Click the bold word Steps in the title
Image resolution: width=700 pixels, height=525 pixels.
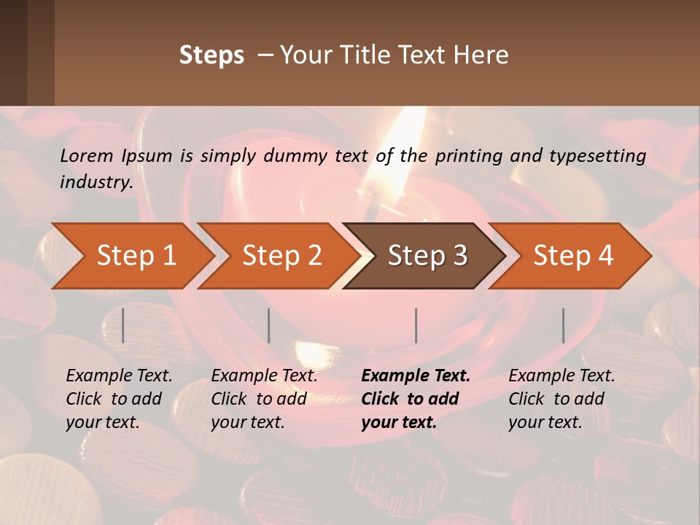click(x=211, y=55)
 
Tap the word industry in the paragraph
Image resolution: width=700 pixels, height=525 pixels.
click(x=96, y=182)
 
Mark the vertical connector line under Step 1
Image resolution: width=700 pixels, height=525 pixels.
click(x=123, y=325)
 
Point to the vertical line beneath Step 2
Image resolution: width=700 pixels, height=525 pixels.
click(x=269, y=325)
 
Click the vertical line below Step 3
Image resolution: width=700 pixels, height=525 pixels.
click(x=416, y=325)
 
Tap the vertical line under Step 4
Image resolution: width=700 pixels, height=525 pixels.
click(x=564, y=325)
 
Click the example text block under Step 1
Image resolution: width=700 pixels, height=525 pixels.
click(x=119, y=399)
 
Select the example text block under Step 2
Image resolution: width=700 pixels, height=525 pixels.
click(x=264, y=399)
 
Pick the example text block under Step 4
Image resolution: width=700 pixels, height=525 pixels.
click(x=561, y=399)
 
